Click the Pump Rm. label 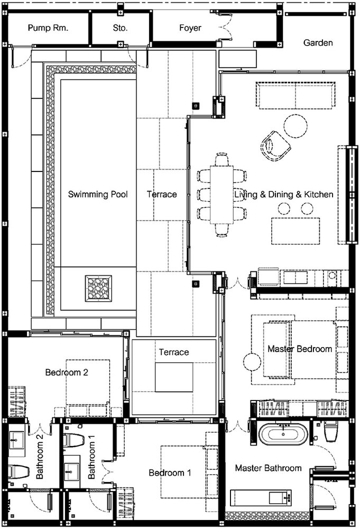point(48,28)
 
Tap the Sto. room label point(120,28)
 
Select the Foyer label point(190,28)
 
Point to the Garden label point(318,42)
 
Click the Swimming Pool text point(98,194)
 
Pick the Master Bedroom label point(300,349)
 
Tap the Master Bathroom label point(269,468)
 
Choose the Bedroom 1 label point(170,472)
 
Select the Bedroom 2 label point(67,372)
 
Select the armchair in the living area point(276,146)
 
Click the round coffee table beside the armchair point(296,126)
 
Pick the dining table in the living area point(222,194)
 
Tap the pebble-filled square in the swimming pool point(98,288)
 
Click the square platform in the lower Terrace point(174,377)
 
